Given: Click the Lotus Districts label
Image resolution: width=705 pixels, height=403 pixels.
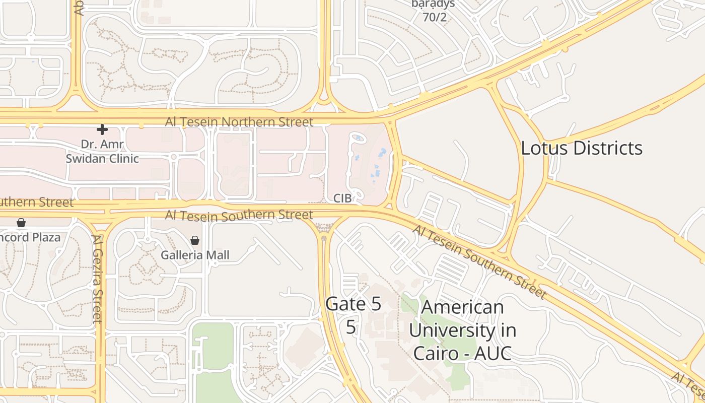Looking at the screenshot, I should point(582,148).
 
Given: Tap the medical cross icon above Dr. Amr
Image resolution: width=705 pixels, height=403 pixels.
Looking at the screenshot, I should point(102,129).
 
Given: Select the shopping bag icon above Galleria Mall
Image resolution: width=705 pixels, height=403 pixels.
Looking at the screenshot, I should point(195,240).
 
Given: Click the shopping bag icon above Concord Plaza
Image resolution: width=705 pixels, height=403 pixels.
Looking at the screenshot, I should point(21,223).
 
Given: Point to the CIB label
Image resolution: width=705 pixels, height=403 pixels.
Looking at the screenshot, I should point(342,198).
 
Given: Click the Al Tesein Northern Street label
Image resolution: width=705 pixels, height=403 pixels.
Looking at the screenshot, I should point(239,122).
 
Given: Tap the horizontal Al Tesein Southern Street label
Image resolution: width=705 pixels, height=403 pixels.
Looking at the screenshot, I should point(239,215).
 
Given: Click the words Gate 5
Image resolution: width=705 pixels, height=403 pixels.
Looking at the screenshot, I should point(353,304).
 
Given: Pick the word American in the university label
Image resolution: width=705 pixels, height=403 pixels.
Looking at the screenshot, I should point(462,307).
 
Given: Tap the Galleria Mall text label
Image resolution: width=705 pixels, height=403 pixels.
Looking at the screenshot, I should point(195,255).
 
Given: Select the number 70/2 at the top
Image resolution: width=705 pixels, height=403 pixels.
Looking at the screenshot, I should point(435,18).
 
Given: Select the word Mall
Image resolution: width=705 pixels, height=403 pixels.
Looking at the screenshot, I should point(217,255).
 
